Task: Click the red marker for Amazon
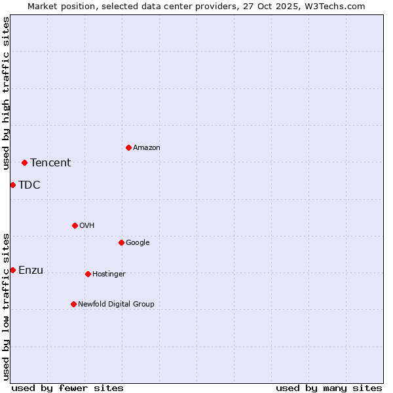(128, 147)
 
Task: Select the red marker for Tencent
(24, 162)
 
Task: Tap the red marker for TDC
(12, 185)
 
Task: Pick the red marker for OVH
(75, 225)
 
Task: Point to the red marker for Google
(121, 242)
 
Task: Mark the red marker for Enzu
(12, 270)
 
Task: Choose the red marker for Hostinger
(88, 274)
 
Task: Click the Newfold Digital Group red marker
(73, 304)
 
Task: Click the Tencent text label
(50, 163)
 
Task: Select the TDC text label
(29, 185)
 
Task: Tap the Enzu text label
(31, 271)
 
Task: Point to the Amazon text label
(147, 148)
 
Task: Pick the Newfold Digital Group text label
(116, 304)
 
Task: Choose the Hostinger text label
(109, 274)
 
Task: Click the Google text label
(138, 243)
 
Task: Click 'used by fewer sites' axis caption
(67, 388)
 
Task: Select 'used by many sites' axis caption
(329, 388)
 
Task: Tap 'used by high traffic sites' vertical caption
(6, 93)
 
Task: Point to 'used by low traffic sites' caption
(6, 307)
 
